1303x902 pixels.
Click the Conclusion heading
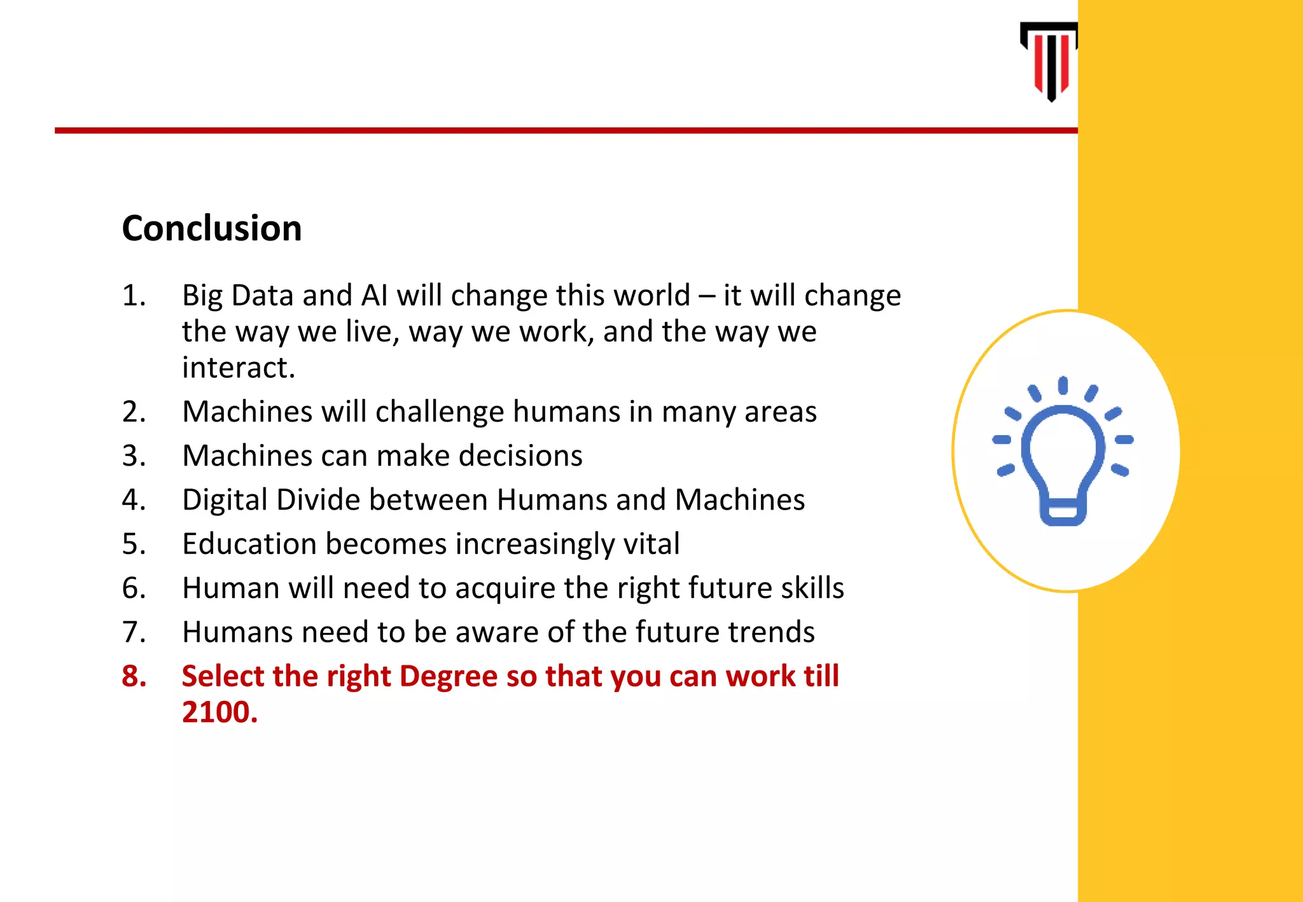point(212,228)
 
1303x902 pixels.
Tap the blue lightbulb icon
point(1063,452)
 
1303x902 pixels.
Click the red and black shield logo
point(1050,61)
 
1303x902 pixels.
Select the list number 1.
point(134,296)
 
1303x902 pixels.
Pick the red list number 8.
point(134,676)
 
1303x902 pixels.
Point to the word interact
point(239,368)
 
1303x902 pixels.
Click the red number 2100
point(219,712)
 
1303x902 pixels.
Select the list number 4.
point(134,499)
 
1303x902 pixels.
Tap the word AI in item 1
point(375,296)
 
